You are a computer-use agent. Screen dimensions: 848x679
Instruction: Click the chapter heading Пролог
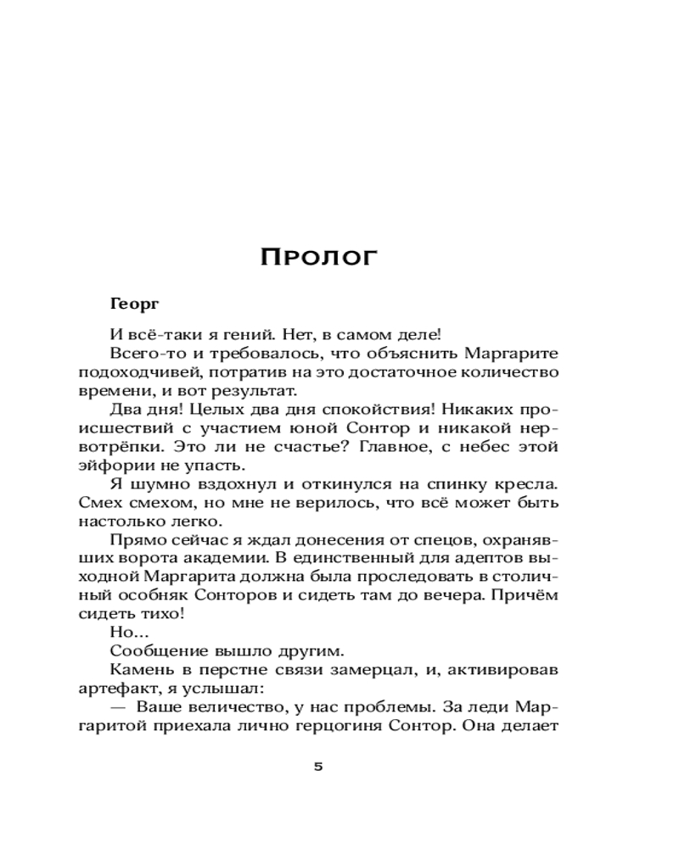click(317, 257)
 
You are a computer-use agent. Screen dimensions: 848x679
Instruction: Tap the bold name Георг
click(136, 303)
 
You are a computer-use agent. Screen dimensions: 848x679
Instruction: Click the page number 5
click(318, 767)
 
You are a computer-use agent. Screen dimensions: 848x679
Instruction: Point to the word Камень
click(140, 671)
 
